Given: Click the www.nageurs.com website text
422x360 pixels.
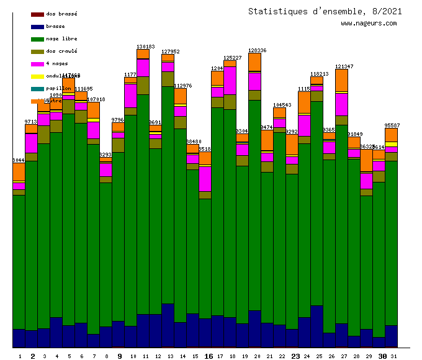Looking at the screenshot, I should tap(369, 24).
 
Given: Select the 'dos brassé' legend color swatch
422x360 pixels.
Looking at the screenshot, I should tap(37, 14).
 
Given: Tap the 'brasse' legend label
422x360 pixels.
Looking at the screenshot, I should tap(55, 26).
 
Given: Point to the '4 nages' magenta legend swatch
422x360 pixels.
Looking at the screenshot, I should tap(37, 63).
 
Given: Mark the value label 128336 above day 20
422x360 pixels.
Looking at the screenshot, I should tap(257, 50).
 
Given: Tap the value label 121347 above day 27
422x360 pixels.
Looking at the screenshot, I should tap(344, 66).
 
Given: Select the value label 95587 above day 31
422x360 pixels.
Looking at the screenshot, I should tap(392, 125).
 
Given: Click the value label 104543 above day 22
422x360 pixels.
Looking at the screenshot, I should tap(282, 105).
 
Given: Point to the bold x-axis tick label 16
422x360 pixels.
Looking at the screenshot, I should tap(209, 356).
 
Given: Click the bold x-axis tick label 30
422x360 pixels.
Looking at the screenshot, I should tap(382, 356).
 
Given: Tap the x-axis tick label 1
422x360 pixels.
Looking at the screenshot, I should tap(20, 356).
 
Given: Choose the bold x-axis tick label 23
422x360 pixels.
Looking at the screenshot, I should tap(295, 356).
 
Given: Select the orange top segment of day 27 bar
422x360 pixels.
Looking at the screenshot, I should tap(341, 80).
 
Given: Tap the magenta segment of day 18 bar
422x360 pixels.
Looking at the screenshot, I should tap(230, 80).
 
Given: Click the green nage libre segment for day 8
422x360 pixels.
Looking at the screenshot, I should tap(105, 254).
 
